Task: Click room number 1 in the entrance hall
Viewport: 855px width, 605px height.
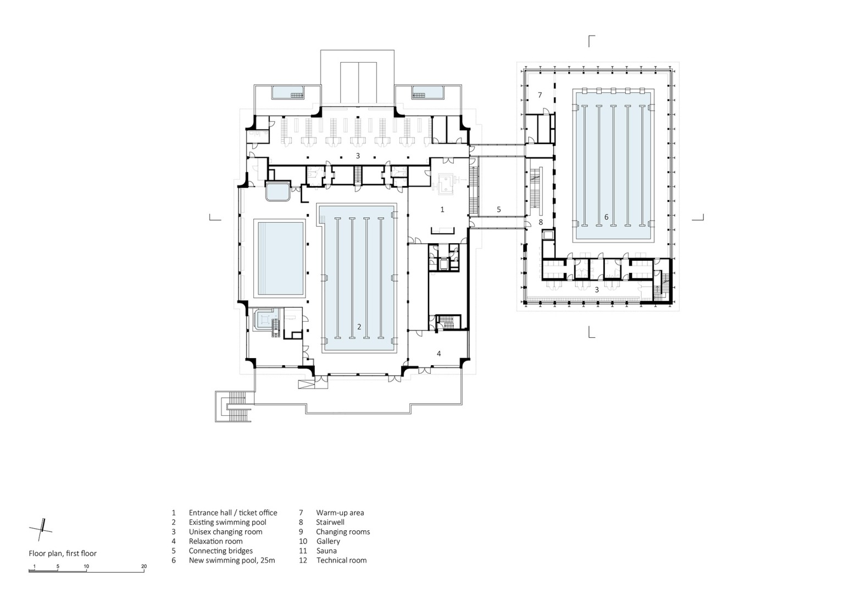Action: [442, 210]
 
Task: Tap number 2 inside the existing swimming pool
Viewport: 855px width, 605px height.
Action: [359, 327]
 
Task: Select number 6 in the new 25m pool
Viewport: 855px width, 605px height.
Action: [606, 217]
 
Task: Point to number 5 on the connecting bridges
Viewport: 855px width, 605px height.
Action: [498, 210]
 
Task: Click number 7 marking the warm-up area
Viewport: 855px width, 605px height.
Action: [540, 95]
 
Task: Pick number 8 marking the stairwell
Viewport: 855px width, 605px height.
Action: [541, 222]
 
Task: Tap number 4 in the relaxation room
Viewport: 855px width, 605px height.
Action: [438, 354]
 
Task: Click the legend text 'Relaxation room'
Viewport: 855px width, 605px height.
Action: [215, 541]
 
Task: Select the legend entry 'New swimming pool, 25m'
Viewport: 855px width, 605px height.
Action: [231, 560]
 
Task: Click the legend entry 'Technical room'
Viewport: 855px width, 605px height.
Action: [341, 560]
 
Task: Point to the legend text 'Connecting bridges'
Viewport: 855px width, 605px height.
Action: [220, 551]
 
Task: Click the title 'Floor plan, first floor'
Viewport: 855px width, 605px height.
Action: [63, 553]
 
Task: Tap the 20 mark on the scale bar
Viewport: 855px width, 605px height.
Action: [144, 566]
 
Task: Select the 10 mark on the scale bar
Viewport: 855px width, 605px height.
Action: [86, 566]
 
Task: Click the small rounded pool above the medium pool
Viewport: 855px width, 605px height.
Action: [277, 193]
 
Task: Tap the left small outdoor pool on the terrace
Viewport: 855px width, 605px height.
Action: [288, 92]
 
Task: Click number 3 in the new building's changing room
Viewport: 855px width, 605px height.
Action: [597, 289]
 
